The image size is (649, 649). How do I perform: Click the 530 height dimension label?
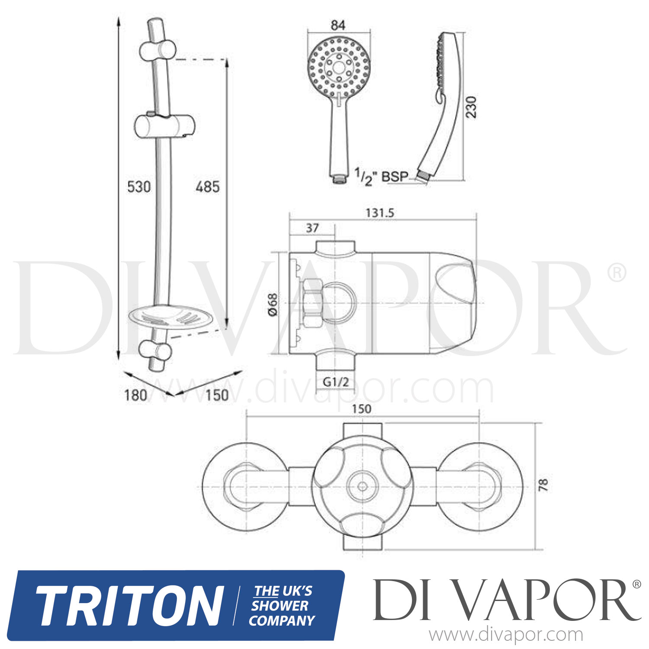point(138,187)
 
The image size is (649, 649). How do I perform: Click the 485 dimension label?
point(207,187)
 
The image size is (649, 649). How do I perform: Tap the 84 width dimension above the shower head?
point(338,25)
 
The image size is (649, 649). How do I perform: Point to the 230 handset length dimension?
point(471,107)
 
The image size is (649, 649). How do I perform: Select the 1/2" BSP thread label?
point(381,176)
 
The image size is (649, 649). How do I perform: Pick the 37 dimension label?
point(312,228)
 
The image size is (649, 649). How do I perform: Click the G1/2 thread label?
point(336,382)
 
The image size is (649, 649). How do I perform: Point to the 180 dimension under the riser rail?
point(135,395)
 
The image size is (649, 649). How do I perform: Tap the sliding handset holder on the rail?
point(164,126)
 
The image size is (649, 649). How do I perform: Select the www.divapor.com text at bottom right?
point(505,635)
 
